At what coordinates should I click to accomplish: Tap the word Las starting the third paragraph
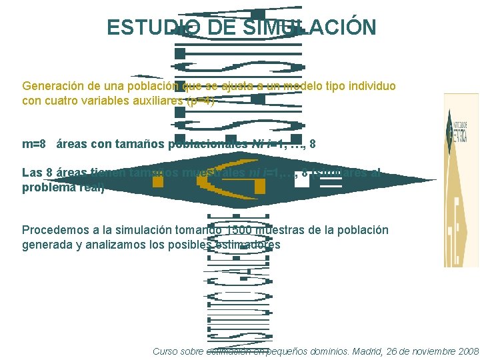click(x=32, y=173)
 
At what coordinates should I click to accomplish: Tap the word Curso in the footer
click(x=167, y=351)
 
